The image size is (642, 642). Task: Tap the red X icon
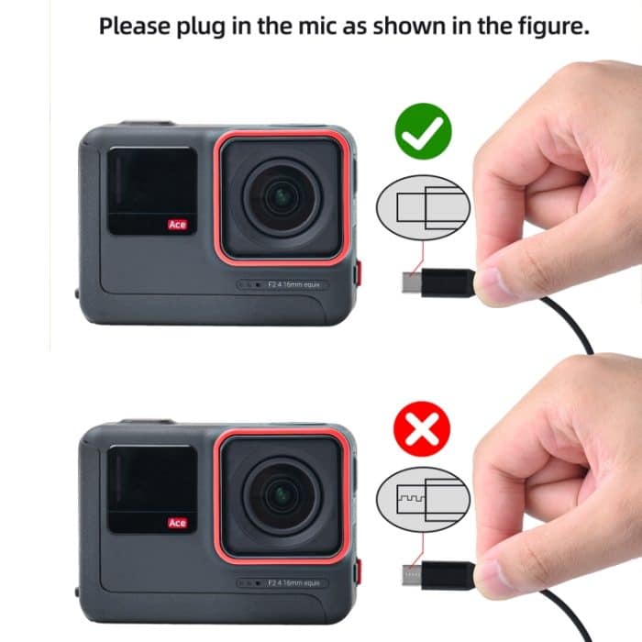[x=421, y=427]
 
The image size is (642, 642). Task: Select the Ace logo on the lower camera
[x=177, y=523]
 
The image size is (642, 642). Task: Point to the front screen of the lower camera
[x=151, y=489]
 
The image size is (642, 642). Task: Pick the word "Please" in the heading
[x=134, y=26]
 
